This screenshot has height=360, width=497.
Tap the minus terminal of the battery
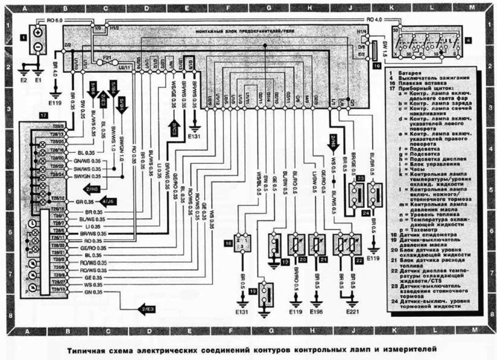(x=38, y=48)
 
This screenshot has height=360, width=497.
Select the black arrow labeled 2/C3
(x=174, y=128)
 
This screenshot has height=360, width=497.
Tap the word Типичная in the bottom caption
(x=83, y=350)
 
